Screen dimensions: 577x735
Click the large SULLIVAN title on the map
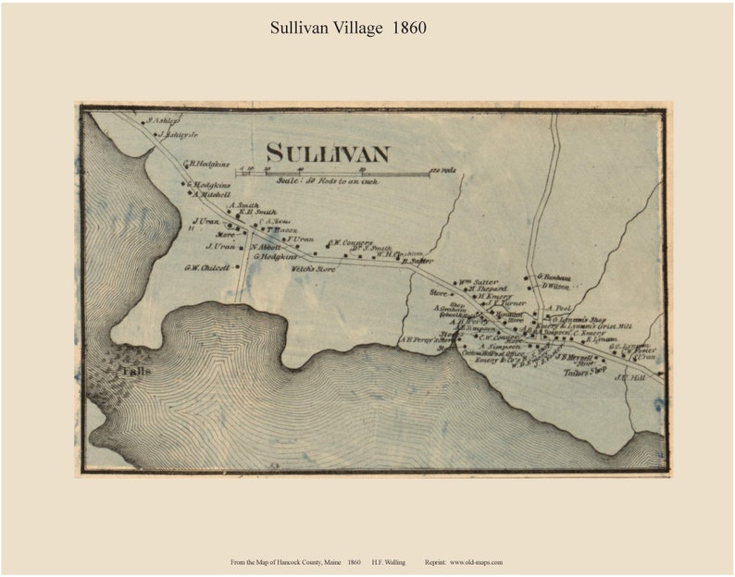pos(327,153)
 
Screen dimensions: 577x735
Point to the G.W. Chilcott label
pos(206,268)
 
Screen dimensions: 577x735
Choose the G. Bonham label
pos(554,276)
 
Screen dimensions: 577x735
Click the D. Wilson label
pos(554,287)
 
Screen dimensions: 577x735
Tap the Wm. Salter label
pos(480,281)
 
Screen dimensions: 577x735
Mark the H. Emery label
pos(482,296)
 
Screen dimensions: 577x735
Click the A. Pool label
pos(561,308)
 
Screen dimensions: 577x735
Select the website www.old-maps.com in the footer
pos(477,562)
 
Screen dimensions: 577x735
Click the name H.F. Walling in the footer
pos(387,562)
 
